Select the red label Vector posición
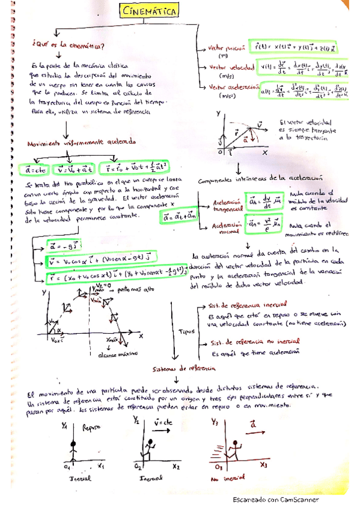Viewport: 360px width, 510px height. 226,47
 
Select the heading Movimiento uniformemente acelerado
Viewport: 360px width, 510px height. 81,143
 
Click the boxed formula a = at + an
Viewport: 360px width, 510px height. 179,215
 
